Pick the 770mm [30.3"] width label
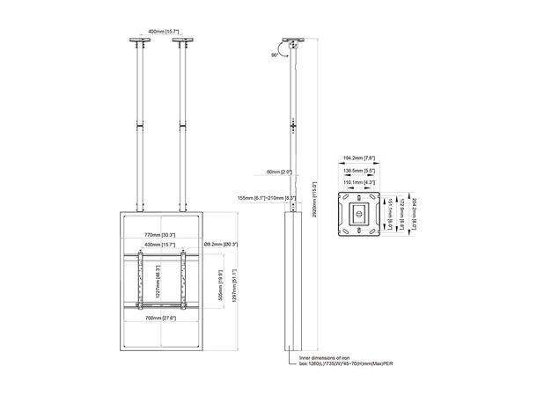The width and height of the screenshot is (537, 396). pos(160,235)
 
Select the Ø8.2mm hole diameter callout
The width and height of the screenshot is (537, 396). pos(220,244)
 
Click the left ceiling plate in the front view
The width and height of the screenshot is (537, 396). pos(138,40)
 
